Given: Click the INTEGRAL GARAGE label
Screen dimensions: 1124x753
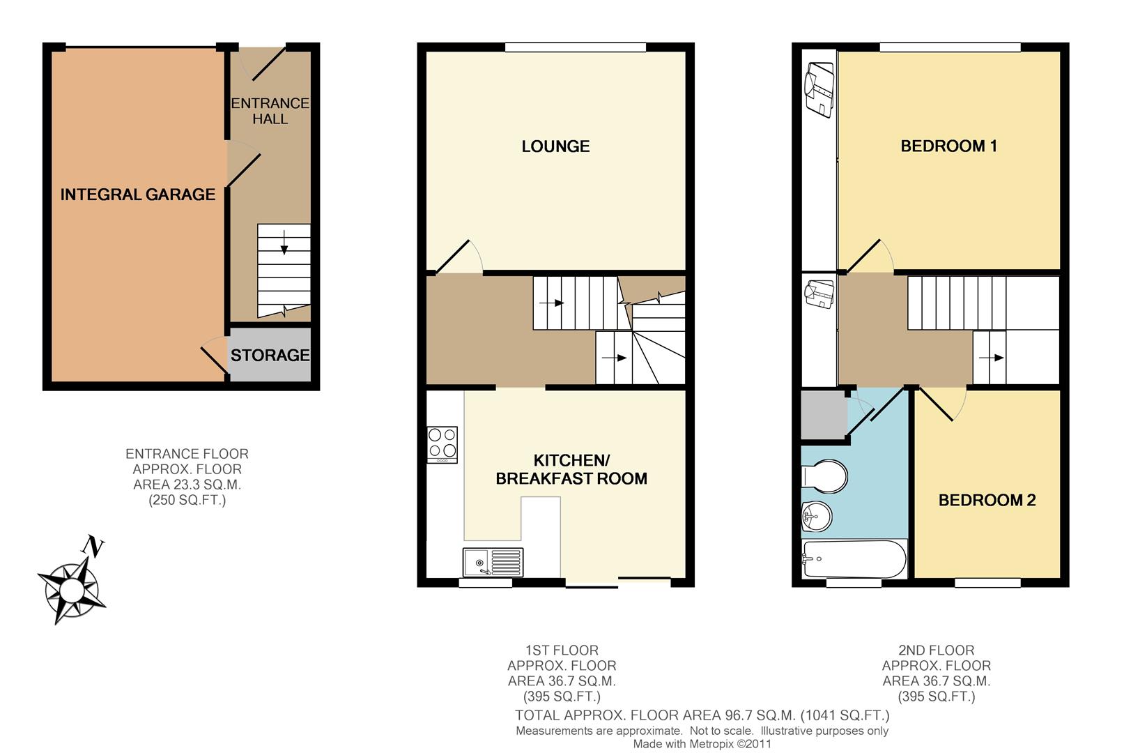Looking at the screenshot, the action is (x=137, y=195).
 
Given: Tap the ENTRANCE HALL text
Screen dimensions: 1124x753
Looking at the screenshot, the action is (x=270, y=111).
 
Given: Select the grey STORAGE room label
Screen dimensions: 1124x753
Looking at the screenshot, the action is (x=270, y=355).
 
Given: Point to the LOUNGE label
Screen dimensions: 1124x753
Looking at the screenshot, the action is (x=555, y=146).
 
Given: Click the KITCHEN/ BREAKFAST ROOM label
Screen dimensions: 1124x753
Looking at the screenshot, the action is (x=571, y=469).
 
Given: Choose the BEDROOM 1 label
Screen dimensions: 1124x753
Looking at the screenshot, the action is (x=948, y=146).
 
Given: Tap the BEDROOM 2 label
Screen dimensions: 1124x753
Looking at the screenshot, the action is (x=987, y=500).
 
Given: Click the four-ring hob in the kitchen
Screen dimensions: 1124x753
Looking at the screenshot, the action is (x=442, y=445).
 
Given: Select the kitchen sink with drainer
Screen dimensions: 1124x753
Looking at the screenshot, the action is (x=493, y=562).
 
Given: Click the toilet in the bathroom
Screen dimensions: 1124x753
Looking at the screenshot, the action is (x=824, y=476).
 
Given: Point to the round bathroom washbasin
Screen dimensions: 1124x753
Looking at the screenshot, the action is (x=817, y=516).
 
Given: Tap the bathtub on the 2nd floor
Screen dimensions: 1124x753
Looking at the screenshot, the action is (x=854, y=559).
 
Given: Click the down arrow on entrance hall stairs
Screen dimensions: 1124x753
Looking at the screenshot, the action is (x=284, y=243).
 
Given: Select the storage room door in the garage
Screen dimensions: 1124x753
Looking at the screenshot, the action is (x=214, y=360).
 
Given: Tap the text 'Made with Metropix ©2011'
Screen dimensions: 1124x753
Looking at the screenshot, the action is (x=702, y=743).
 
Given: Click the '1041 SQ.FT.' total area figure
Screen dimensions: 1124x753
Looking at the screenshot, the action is (x=845, y=715).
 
